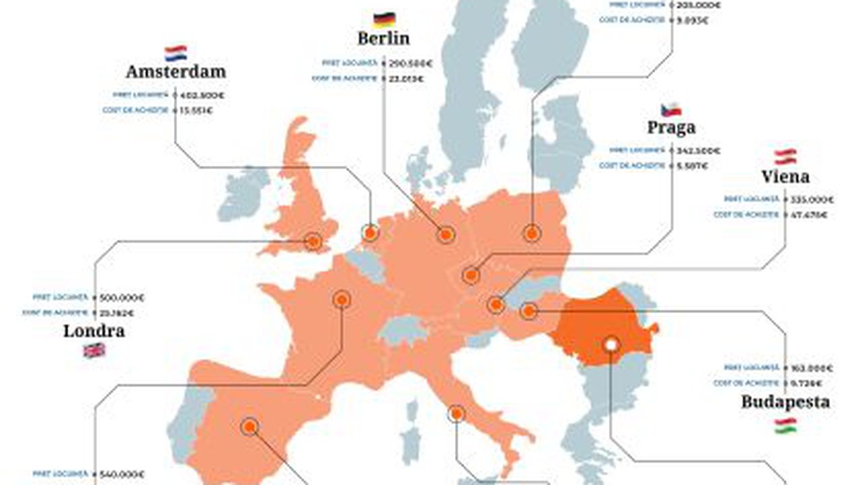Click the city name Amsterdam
(x=176, y=71)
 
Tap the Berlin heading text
(x=383, y=38)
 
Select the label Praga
(x=671, y=127)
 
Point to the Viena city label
(x=785, y=177)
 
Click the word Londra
(x=94, y=331)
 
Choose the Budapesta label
(x=785, y=402)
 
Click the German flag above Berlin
(x=384, y=19)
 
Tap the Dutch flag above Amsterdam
(x=176, y=53)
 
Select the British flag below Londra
(x=94, y=350)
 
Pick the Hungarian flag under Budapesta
(x=785, y=425)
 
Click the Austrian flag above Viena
(x=785, y=156)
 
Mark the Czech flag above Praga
(x=671, y=109)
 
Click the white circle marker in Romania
(x=611, y=344)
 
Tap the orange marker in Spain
(x=250, y=426)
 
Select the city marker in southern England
(x=312, y=241)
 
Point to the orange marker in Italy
(x=456, y=414)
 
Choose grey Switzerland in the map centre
(x=403, y=331)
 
